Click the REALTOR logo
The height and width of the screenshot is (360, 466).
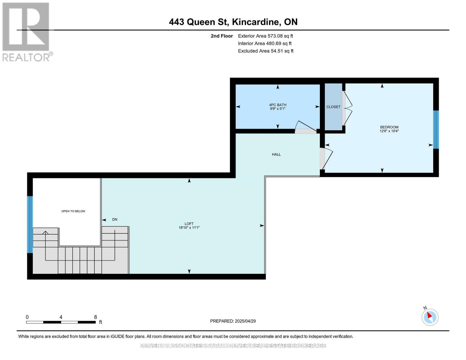[x=26, y=32]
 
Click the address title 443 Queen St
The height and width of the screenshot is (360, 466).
[x=233, y=22]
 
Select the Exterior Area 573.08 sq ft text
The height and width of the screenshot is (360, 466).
[x=265, y=36]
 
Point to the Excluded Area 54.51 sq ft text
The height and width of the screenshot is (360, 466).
[x=266, y=51]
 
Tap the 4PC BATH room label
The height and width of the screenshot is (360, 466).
[x=278, y=107]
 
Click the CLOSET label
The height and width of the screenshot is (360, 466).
[x=333, y=107]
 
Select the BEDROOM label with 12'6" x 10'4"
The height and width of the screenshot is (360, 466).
[x=389, y=129]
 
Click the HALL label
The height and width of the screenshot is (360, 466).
[x=276, y=154]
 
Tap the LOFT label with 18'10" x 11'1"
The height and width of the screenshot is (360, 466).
[x=189, y=226]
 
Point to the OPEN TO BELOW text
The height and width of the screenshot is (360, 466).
[x=73, y=211]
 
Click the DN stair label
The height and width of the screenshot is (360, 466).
[x=115, y=220]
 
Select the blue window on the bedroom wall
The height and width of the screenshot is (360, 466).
[x=436, y=130]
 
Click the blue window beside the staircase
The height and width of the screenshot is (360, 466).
[x=30, y=224]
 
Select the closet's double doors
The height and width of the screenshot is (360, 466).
[x=347, y=108]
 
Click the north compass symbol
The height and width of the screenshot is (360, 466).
[x=430, y=317]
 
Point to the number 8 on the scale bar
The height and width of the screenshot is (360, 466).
[x=95, y=317]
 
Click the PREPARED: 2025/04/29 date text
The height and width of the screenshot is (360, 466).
[x=233, y=321]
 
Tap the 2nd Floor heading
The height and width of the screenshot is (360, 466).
[x=222, y=36]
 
